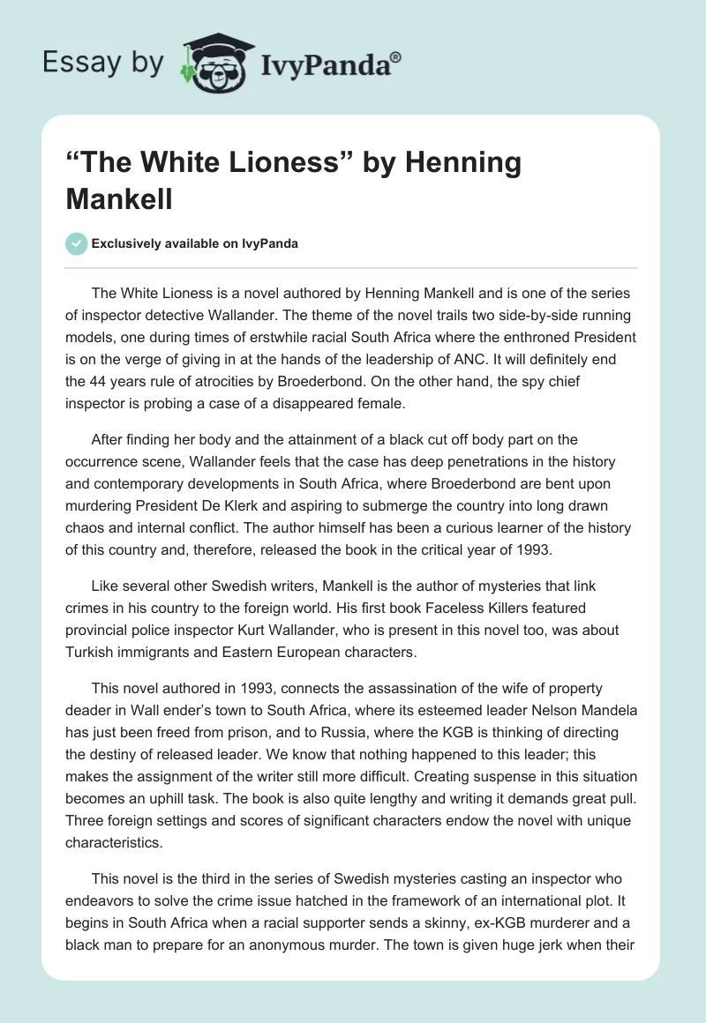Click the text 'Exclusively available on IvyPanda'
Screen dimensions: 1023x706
click(x=194, y=243)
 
